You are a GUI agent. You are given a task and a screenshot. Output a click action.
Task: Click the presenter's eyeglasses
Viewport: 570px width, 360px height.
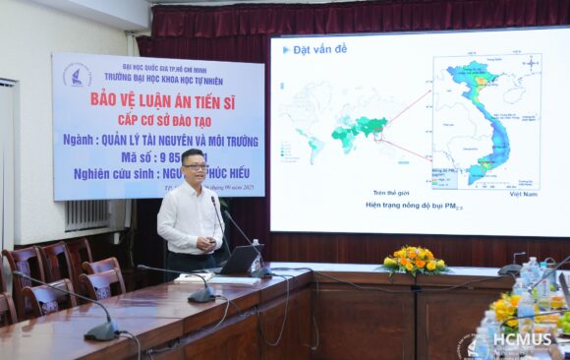tap(197, 167)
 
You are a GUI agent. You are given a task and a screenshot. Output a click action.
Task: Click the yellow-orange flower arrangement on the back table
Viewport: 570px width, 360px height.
tap(414, 261)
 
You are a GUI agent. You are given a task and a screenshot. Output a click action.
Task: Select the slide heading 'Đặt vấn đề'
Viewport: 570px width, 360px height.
tap(315, 48)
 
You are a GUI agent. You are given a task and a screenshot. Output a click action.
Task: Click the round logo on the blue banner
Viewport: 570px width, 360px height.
tap(77, 76)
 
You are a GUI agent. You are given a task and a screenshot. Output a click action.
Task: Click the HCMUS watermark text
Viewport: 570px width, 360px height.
tap(522, 340)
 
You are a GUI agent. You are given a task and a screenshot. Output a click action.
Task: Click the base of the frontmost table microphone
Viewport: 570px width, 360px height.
tap(99, 332)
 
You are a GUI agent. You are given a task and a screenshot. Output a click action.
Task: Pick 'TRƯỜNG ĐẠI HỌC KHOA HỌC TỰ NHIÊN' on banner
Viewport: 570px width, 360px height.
tap(163, 80)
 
